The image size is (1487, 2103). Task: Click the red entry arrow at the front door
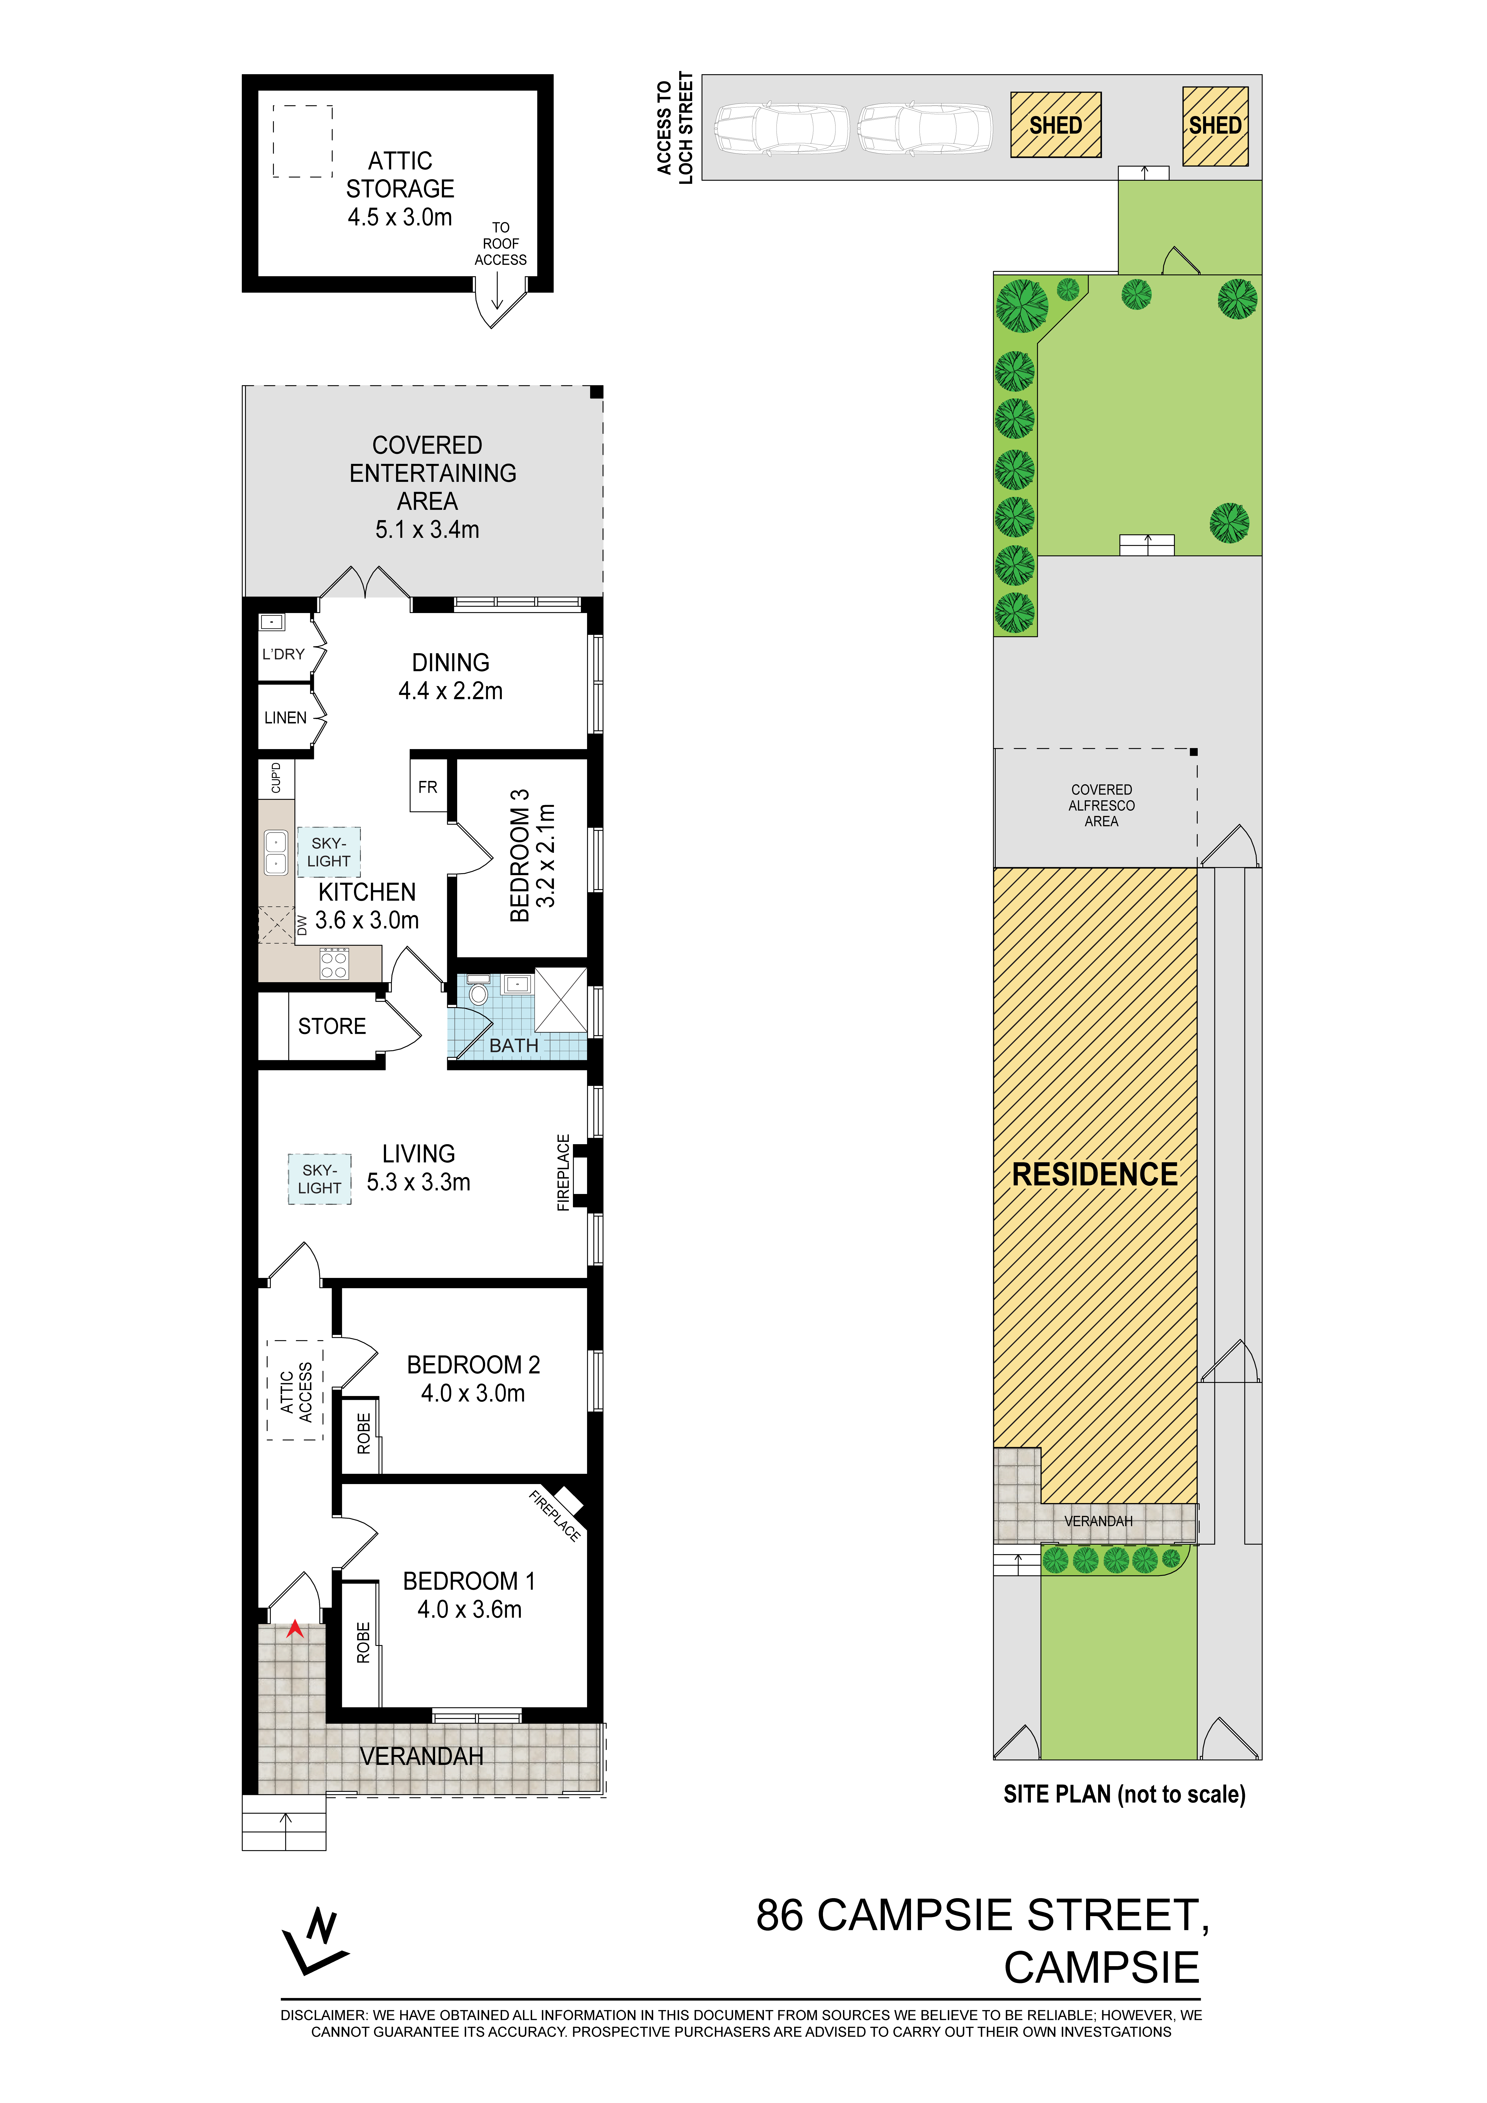pos(295,1629)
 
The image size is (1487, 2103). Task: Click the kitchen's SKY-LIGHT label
pos(329,852)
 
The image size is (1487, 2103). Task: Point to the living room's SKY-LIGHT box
pos(320,1179)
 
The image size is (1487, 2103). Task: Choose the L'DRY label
pos(283,654)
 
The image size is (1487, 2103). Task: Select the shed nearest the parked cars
pos(1056,125)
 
